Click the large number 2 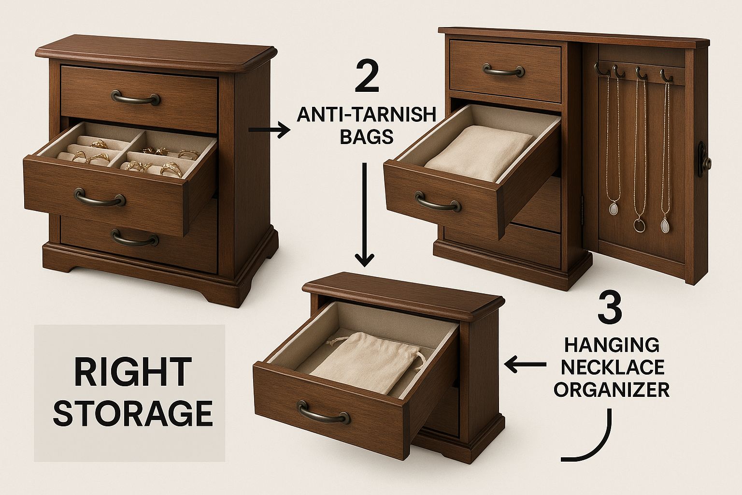pos(366,75)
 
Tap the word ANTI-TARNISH pos(366,116)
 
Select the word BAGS pos(366,137)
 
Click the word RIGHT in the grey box pos(129,372)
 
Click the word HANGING pos(612,346)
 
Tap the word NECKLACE pos(612,367)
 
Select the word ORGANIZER pos(612,390)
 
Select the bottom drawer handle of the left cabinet pos(135,238)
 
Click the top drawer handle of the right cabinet pos(504,71)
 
